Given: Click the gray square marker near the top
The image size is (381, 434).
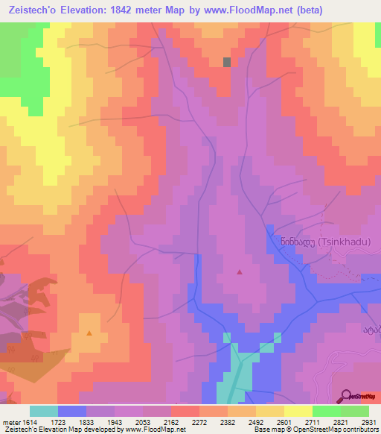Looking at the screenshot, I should click(x=227, y=63).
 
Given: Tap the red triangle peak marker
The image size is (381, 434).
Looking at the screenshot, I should click(x=239, y=272).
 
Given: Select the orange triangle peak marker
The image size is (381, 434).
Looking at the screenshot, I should click(x=90, y=333).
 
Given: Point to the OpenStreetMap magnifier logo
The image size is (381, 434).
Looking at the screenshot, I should click(x=345, y=395).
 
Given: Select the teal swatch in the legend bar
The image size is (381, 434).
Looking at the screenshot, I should click(x=44, y=411).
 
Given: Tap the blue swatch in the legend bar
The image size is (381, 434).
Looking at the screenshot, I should click(x=72, y=411).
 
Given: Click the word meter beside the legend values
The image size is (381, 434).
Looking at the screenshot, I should click(x=10, y=422).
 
